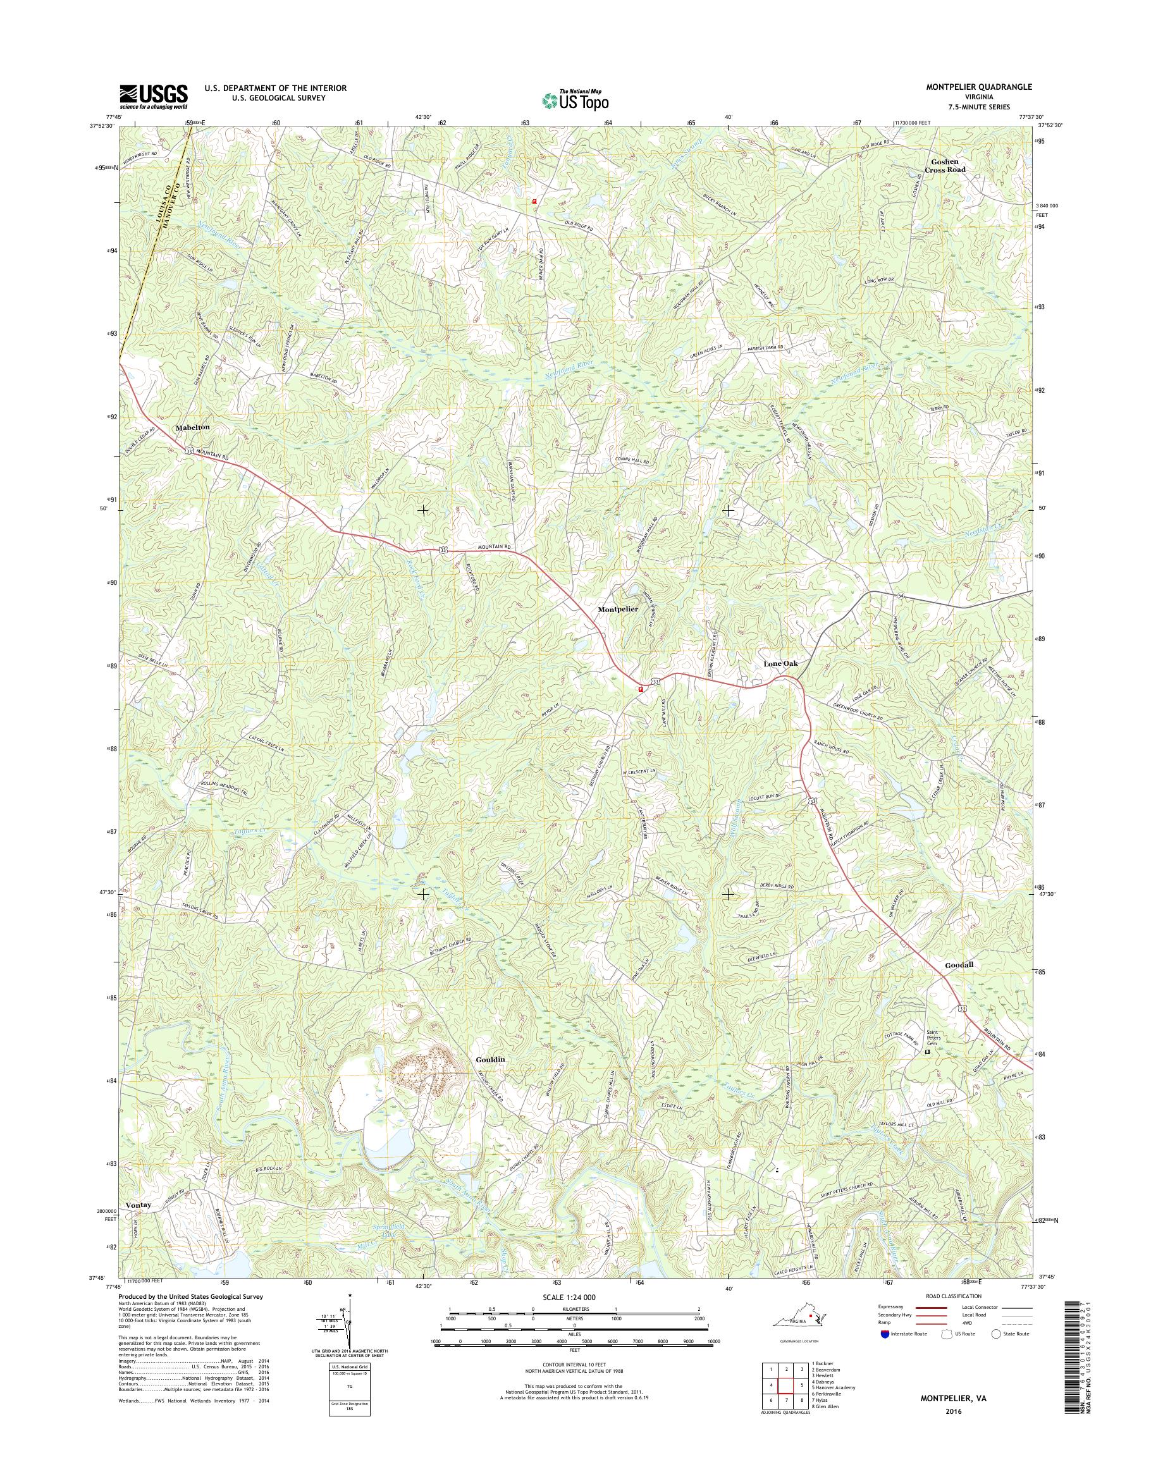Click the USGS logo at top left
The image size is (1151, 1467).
tap(154, 97)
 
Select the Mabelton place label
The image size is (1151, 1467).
tap(193, 428)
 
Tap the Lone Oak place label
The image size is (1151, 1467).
tap(780, 664)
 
